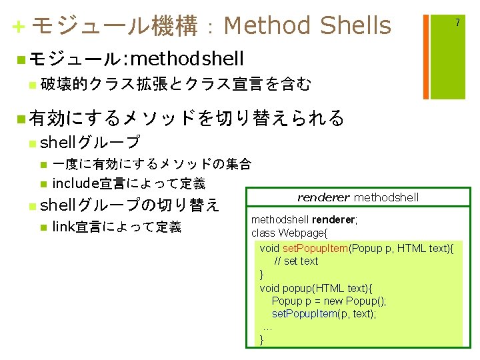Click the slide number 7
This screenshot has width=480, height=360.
pyautogui.click(x=457, y=23)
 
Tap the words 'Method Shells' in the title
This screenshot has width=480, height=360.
pyautogui.click(x=307, y=26)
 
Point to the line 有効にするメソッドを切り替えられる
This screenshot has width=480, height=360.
pyautogui.click(x=187, y=118)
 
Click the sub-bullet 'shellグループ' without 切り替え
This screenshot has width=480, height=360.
pyautogui.click(x=90, y=142)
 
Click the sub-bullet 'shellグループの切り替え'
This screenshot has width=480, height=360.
pyautogui.click(x=129, y=204)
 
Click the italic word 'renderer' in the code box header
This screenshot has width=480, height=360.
pyautogui.click(x=323, y=197)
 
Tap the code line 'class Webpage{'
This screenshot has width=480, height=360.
pyautogui.click(x=289, y=233)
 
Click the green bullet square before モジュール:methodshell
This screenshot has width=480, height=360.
pyautogui.click(x=22, y=59)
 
